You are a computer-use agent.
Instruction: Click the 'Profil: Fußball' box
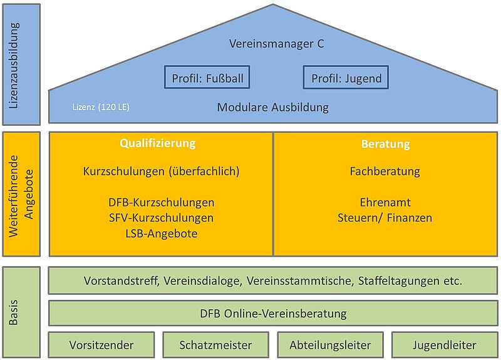(x=207, y=77)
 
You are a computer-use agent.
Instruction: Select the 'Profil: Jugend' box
(x=346, y=77)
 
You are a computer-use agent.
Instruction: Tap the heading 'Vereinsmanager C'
(x=277, y=43)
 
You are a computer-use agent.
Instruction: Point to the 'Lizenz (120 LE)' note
(x=101, y=107)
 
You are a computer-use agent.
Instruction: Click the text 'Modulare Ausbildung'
(x=273, y=107)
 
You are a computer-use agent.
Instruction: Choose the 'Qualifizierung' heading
(x=158, y=143)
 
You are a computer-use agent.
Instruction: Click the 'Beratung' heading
(x=386, y=144)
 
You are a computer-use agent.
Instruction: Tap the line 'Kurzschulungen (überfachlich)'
(x=161, y=171)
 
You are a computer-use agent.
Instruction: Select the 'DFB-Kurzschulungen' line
(x=162, y=202)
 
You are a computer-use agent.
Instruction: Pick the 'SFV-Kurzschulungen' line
(x=162, y=218)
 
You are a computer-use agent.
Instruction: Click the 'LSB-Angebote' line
(x=162, y=234)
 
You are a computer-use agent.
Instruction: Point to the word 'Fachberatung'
(x=385, y=171)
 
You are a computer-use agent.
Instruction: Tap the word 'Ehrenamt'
(x=385, y=202)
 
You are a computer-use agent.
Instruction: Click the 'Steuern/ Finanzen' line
(x=385, y=218)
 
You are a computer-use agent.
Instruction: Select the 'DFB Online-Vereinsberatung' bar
(x=273, y=314)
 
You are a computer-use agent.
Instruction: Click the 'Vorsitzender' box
(x=101, y=345)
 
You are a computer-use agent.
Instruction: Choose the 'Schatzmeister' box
(x=215, y=345)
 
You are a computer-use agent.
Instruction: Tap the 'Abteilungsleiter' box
(x=331, y=345)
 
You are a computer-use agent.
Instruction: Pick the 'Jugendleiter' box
(x=445, y=345)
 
